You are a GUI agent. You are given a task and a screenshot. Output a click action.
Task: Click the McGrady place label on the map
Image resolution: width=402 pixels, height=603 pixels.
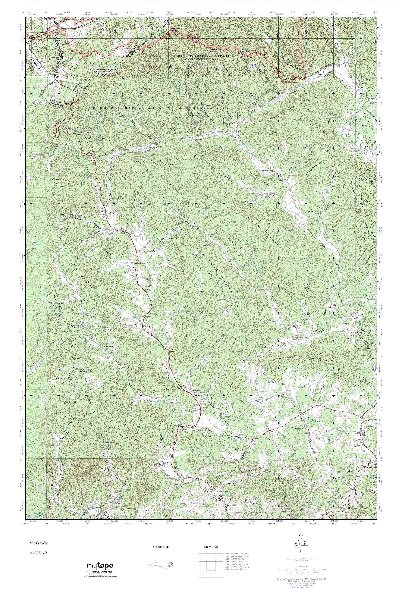pyautogui.click(x=100, y=212)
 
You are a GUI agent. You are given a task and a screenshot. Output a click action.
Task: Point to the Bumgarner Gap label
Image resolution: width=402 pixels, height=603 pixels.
pyautogui.click(x=63, y=229)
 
